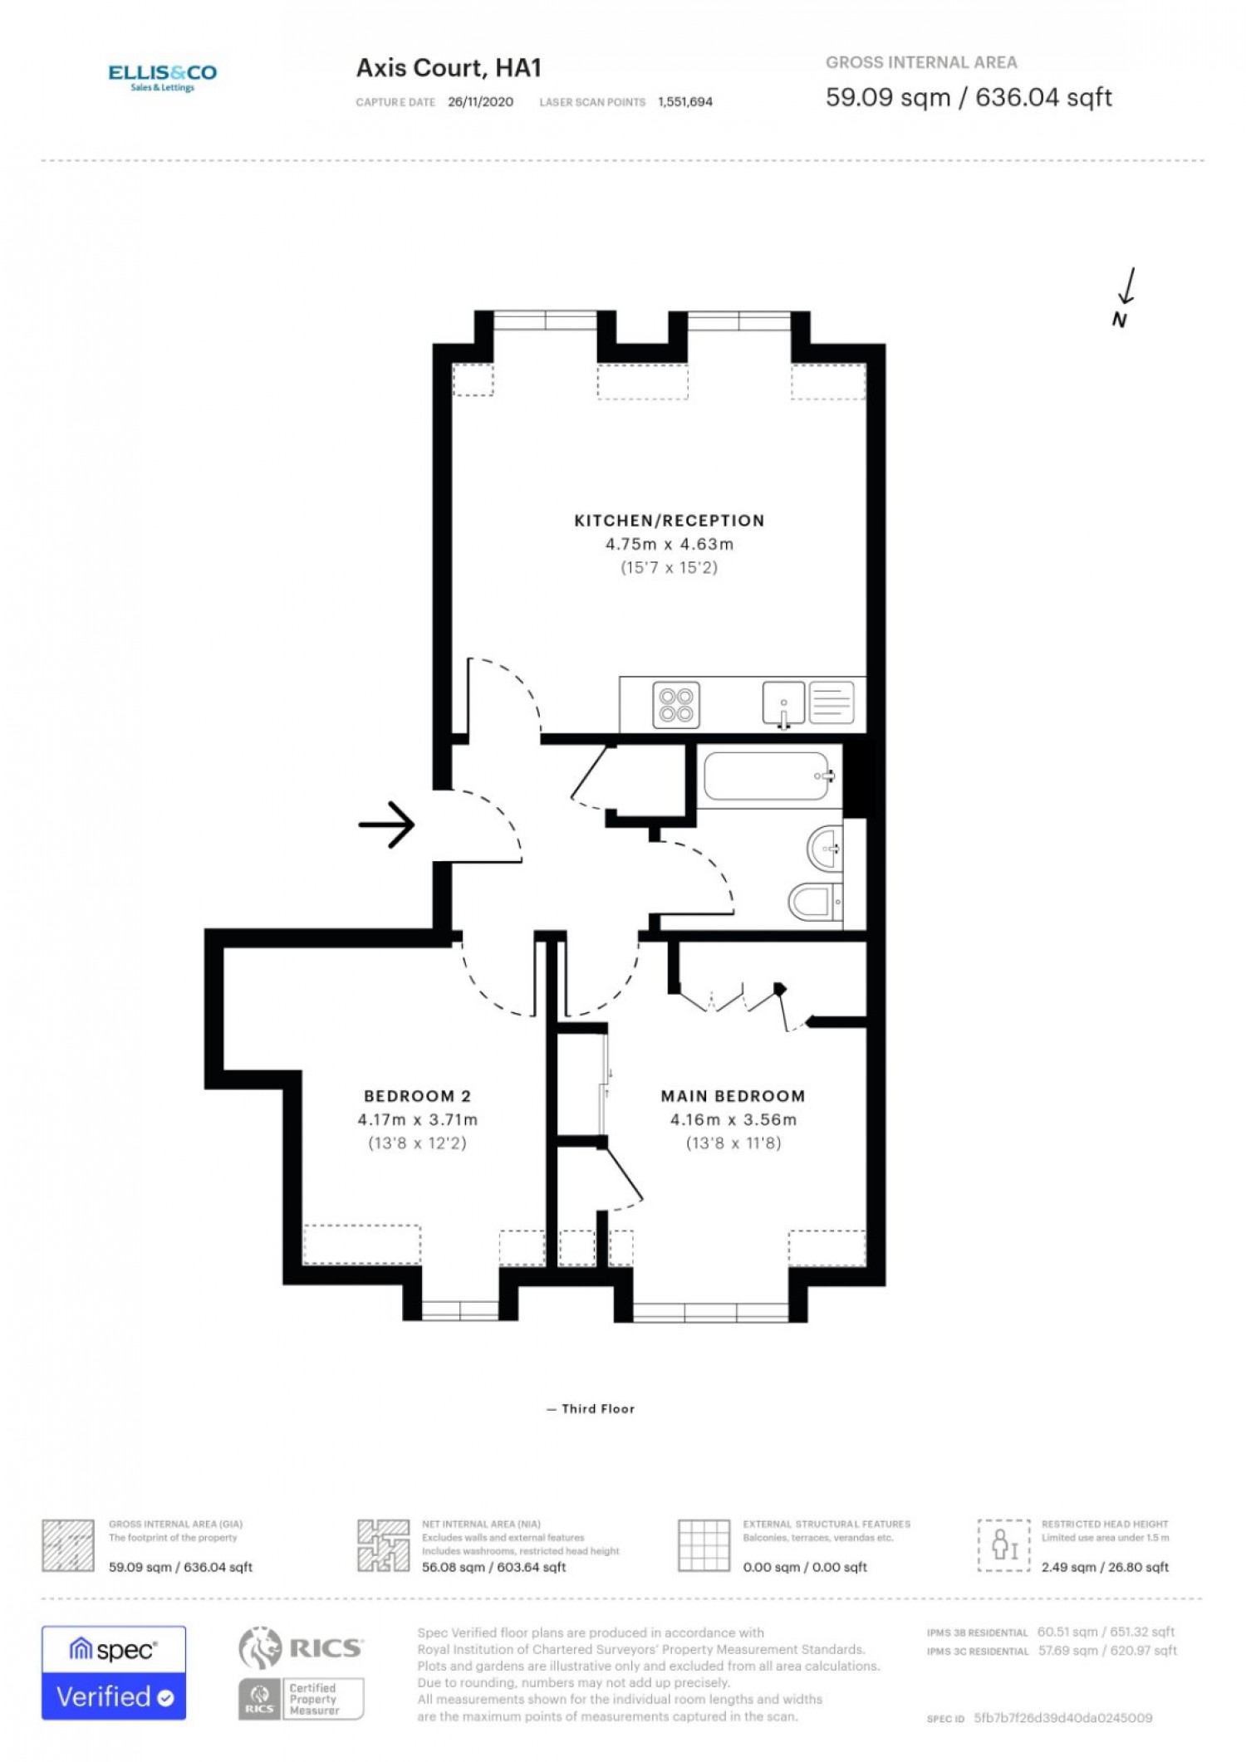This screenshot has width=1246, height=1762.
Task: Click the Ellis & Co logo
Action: coord(163,77)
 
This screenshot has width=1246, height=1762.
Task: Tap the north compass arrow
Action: coord(1127,286)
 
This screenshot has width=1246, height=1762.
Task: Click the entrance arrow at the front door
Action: coord(386,825)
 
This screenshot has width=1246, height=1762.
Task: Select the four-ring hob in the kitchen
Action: coord(676,705)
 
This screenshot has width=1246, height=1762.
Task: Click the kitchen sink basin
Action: coord(783,703)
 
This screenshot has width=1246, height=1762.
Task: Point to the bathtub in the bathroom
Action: coord(767,776)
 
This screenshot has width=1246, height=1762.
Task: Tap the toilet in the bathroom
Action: coord(814,902)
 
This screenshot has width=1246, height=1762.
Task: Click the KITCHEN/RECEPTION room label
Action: coord(670,521)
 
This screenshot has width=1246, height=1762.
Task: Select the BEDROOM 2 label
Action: coord(417,1096)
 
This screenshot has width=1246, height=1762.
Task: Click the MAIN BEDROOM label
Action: coord(733,1096)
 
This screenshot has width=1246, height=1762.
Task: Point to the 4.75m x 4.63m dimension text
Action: coord(670,545)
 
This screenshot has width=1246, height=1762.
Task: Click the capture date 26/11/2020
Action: coord(480,102)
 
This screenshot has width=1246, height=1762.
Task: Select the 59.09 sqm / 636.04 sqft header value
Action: coord(969,97)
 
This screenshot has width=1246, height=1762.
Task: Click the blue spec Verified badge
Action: coord(114,1673)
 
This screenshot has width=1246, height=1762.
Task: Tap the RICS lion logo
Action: coord(260,1648)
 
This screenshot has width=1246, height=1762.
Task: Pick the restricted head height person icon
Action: coord(1004,1545)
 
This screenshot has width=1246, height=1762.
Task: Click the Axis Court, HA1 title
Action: coord(449,68)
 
